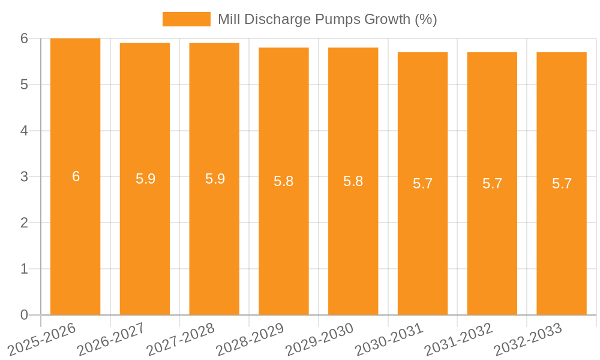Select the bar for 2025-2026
75,240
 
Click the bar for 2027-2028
214,240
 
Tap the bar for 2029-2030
353,240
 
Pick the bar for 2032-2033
562,240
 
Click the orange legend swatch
186,19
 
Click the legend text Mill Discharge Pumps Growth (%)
327,19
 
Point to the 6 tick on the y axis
24,38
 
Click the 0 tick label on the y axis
24,315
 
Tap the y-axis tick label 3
24,177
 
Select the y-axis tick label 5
24,85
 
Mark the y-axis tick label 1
24,269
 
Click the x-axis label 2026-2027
111,339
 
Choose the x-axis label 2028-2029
250,339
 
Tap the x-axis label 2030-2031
389,339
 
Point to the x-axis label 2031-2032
458,339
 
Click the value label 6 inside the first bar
76,176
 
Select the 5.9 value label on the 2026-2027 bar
145,179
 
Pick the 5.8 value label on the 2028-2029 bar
283,181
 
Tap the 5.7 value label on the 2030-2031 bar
422,184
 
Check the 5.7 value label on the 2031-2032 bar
492,184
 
